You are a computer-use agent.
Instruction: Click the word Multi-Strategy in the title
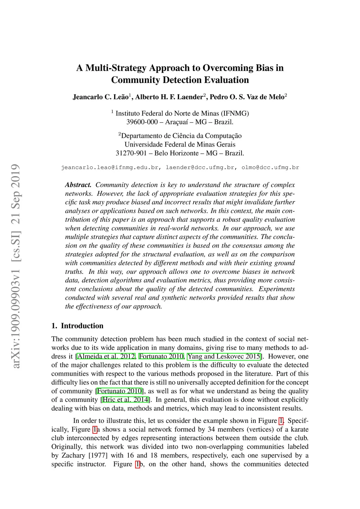pos(116,68)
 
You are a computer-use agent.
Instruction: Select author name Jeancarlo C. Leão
pos(101,97)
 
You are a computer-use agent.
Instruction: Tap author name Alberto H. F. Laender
pos(169,97)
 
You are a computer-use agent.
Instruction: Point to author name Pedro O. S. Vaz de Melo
pos(247,97)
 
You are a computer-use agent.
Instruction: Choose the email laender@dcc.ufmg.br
pos(200,167)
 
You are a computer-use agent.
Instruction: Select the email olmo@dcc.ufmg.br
pos(270,167)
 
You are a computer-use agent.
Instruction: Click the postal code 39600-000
pos(142,122)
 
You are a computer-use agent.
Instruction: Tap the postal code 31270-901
pos(131,153)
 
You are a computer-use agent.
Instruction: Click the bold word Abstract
pos(78,185)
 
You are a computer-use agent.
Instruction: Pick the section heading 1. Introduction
pos(77,326)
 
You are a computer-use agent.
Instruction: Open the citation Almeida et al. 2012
pos(106,356)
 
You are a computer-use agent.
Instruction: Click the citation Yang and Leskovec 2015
pos(224,356)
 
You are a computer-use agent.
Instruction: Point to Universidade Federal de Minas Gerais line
pos(180,144)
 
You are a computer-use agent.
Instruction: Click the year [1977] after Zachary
pos(98,456)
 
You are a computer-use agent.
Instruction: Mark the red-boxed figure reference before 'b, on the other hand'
pos(137,464)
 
